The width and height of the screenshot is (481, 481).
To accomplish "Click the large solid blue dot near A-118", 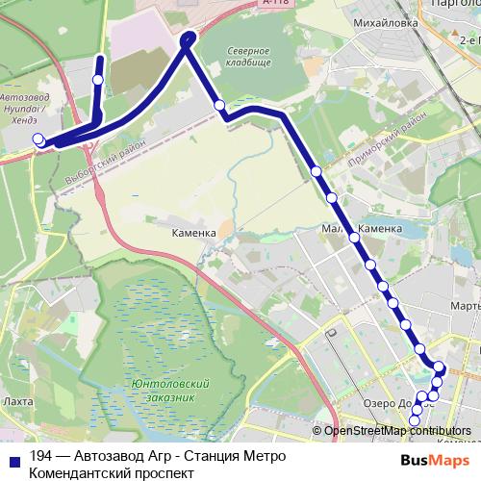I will tap(188, 38).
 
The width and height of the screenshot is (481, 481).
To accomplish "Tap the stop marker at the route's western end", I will tap(38, 139).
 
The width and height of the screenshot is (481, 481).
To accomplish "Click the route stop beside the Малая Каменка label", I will tap(355, 237).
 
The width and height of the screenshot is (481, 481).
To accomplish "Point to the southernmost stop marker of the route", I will tap(415, 419).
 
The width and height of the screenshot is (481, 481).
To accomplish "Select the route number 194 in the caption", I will tap(40, 456).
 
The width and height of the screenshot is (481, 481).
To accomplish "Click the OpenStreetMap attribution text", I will tap(397, 431).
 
